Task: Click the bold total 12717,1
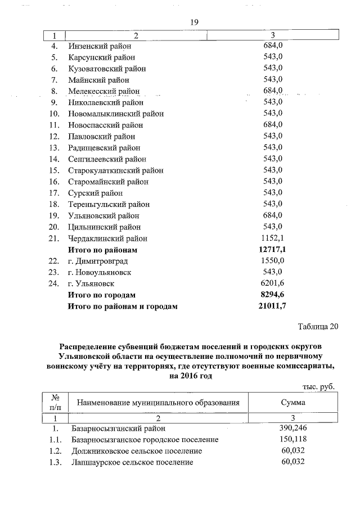(273, 249)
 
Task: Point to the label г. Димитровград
(98, 261)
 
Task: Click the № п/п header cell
(55, 402)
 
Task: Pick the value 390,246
(292, 428)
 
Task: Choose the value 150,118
(292, 439)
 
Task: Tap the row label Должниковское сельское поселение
(137, 451)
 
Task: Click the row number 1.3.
(55, 462)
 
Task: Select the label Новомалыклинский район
(116, 114)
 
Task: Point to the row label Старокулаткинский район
(116, 170)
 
